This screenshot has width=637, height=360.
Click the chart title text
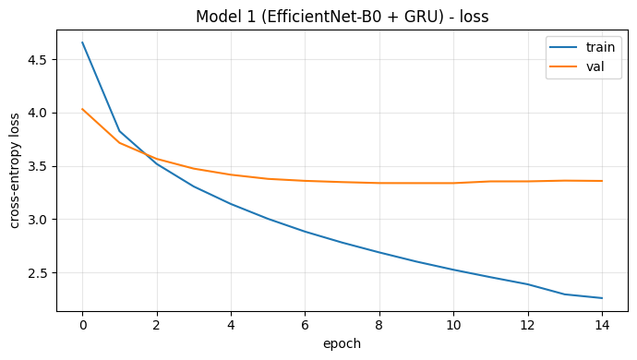343,17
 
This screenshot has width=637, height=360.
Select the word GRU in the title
423,17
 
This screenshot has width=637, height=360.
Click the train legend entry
583,47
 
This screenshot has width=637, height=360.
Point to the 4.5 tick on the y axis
37,60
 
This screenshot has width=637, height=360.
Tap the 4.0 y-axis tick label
37,113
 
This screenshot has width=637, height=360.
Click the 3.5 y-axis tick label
37,166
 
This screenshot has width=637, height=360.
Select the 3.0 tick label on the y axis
37,220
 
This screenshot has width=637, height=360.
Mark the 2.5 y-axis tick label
37,273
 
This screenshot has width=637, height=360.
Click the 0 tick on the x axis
82,325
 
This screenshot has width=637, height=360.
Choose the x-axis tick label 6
305,325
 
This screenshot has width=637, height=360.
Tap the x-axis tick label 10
453,325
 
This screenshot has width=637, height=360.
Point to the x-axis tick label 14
602,325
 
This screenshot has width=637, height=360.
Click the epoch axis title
343,343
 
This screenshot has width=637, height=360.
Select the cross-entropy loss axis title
14,171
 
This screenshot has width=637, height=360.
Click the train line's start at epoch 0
82,42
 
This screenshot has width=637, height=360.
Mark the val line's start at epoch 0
82,109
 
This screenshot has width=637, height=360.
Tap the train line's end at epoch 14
602,298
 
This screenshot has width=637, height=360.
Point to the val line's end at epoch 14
602,181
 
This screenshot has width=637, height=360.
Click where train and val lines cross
146,154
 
